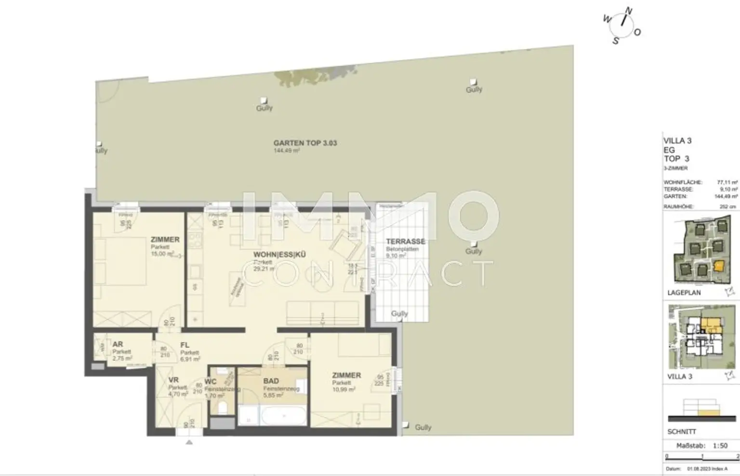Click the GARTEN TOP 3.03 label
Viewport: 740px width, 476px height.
coord(305,143)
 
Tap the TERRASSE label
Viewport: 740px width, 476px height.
coord(405,242)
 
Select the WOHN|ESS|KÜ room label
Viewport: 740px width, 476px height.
coord(279,255)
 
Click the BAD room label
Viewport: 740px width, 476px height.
coord(271,381)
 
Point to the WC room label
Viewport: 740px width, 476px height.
coord(210,382)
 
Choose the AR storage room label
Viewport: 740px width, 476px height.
coord(118,344)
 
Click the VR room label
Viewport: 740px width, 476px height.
coord(173,380)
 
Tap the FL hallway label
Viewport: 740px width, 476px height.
coord(185,345)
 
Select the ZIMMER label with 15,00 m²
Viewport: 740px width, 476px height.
coord(165,239)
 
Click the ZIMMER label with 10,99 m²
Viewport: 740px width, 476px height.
coord(346,375)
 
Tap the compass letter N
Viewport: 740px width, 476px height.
coord(628,11)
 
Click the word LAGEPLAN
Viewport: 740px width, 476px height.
coord(684,293)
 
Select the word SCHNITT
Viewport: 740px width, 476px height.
coord(682,432)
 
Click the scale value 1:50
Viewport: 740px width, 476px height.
coord(720,446)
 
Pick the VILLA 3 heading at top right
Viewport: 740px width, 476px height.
coord(677,141)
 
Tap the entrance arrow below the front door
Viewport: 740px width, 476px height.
coord(189,442)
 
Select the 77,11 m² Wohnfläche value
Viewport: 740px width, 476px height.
coord(727,183)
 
